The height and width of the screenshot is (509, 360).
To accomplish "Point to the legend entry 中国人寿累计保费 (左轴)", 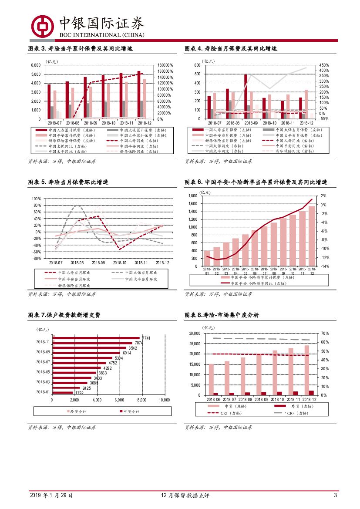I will point(67,130).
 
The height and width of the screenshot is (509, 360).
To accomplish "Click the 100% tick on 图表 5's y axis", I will point(36,199).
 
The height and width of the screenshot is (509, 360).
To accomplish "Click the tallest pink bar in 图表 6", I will point(312,236).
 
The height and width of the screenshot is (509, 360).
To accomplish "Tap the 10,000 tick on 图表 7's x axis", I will point(164,400).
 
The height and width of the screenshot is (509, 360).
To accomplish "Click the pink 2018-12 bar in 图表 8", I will point(306,370).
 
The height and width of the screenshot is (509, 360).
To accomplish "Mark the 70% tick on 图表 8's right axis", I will point(324,334).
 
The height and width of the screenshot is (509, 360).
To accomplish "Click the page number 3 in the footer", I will point(335,496).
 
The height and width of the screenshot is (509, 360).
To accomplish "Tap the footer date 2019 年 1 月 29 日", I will point(51,496).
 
